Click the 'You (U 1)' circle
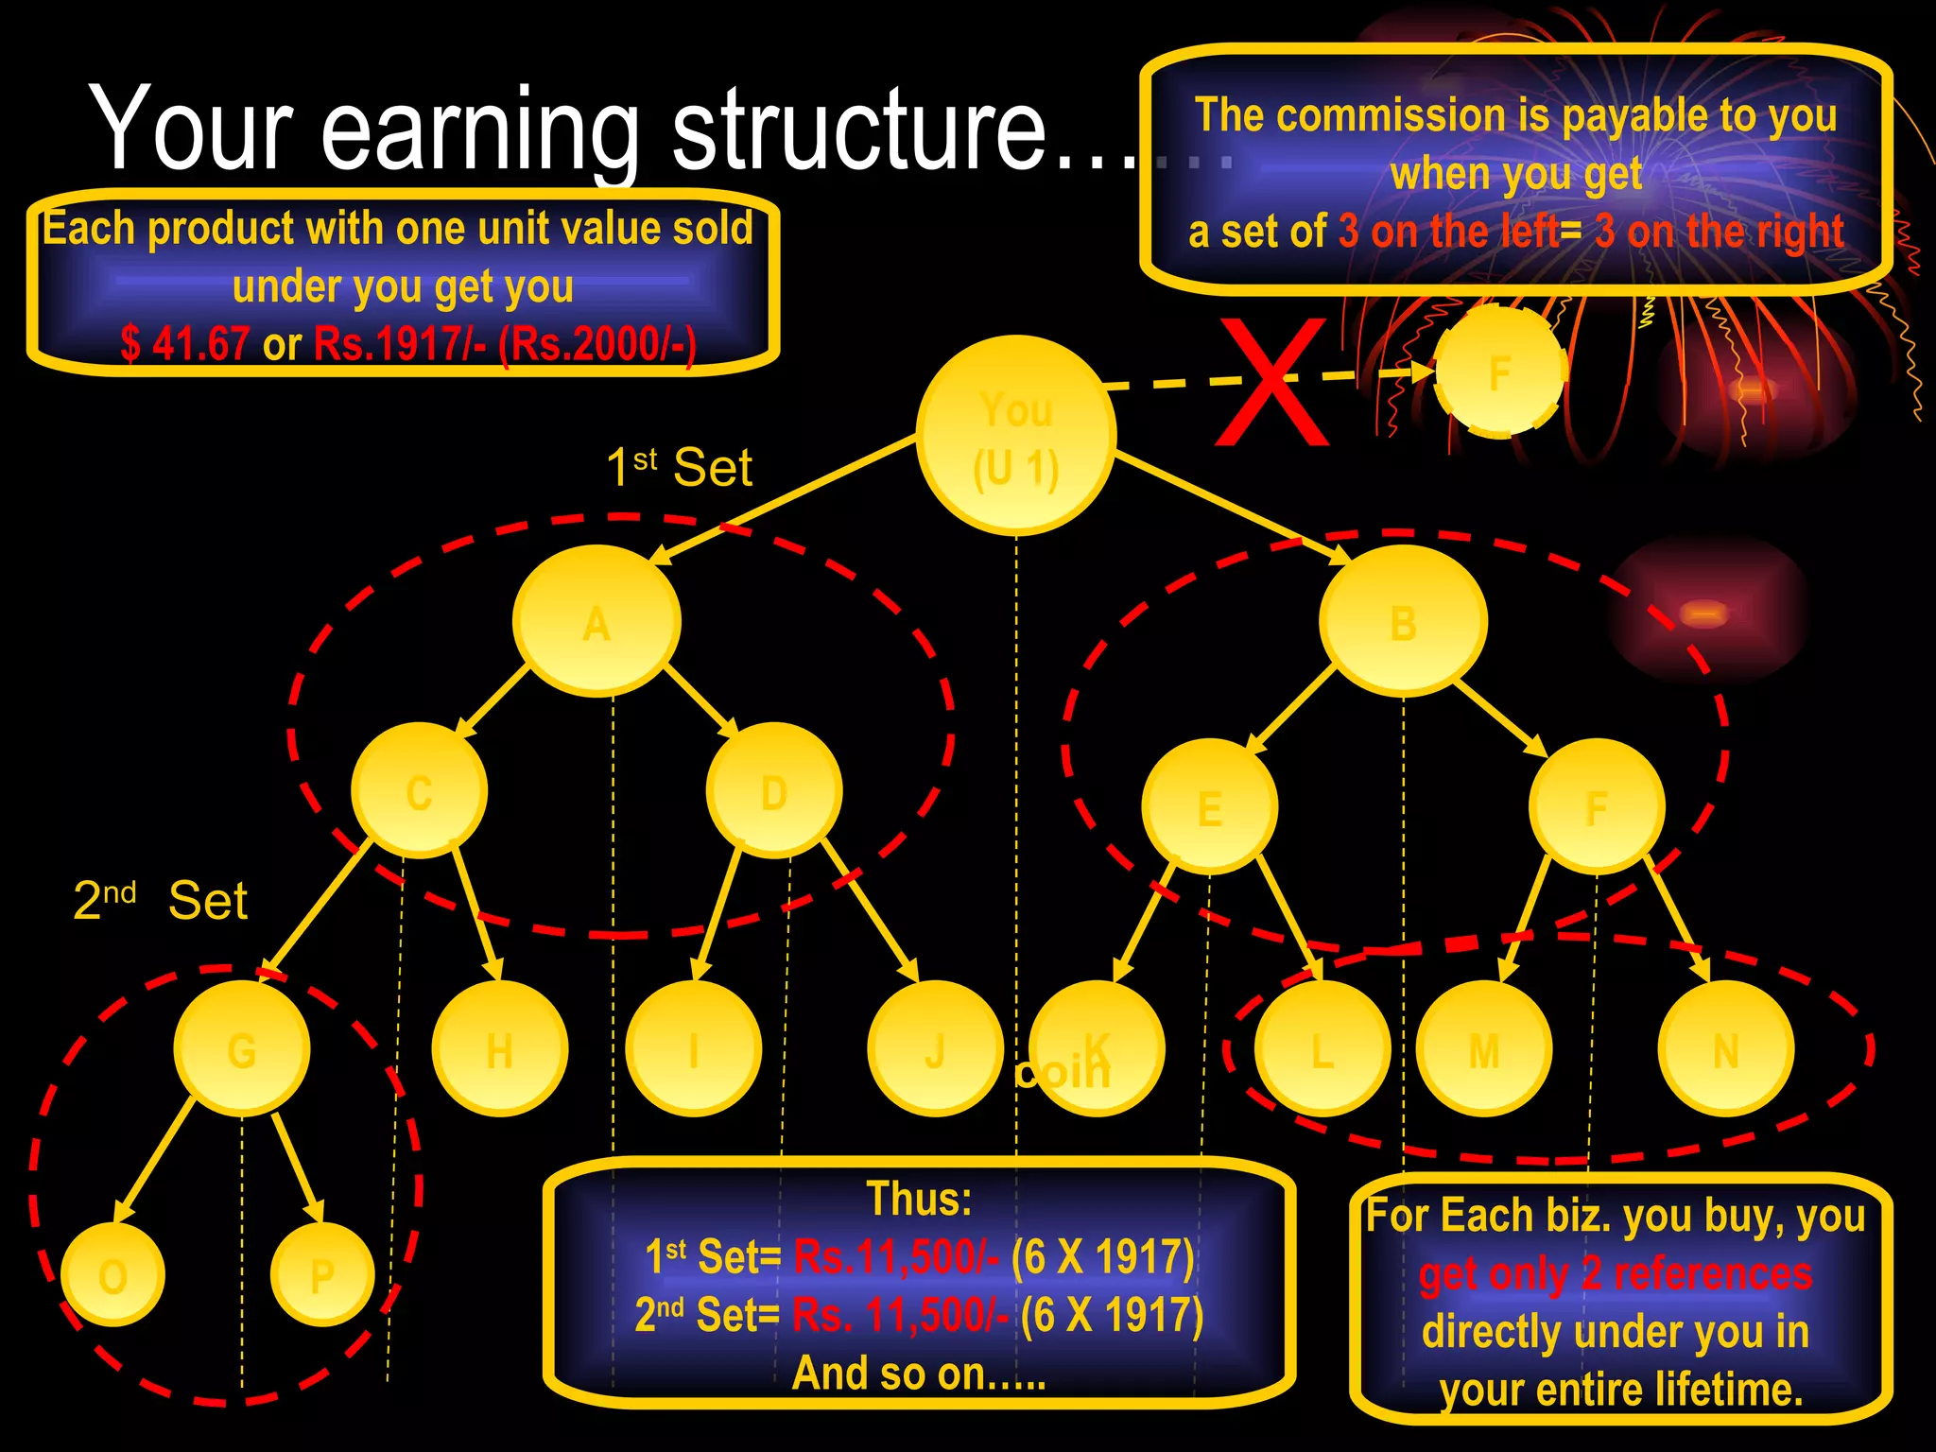point(1016,436)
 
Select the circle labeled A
point(596,621)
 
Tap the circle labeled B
point(1403,621)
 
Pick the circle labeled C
point(419,790)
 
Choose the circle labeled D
point(774,790)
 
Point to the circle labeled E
point(1209,806)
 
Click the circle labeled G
point(242,1048)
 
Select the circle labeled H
point(499,1048)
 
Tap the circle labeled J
point(935,1048)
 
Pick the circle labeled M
point(1484,1048)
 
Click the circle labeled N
point(1726,1048)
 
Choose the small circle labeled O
point(112,1274)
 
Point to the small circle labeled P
point(322,1274)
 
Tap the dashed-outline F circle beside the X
point(1499,372)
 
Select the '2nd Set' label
point(160,900)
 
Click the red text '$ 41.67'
point(185,343)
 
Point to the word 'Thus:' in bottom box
point(919,1199)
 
